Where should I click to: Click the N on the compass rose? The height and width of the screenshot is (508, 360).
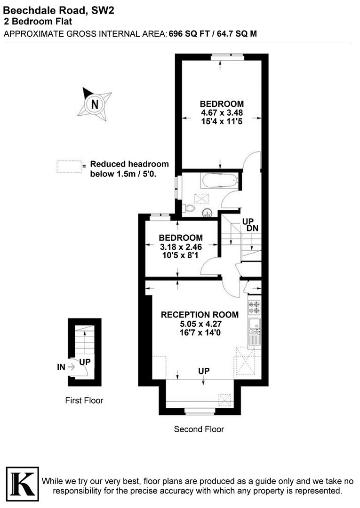[95, 104]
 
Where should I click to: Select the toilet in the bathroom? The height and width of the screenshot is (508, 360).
[189, 207]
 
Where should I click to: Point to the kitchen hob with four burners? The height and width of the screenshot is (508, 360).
[254, 307]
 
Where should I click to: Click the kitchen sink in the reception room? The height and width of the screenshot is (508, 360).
[254, 325]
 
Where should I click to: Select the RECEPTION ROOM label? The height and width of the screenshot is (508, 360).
[200, 314]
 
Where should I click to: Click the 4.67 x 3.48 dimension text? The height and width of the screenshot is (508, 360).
[222, 113]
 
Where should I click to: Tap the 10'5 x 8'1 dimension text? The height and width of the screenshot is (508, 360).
[180, 255]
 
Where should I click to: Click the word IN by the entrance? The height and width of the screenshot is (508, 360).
[61, 367]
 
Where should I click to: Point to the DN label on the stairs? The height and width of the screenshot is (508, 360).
[252, 229]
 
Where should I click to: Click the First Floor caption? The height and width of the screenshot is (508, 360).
[84, 401]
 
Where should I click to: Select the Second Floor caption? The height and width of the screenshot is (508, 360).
[199, 429]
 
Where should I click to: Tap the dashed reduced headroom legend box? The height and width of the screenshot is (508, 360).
[68, 167]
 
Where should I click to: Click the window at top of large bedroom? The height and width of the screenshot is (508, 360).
[227, 56]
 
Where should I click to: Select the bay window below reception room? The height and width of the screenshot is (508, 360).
[199, 413]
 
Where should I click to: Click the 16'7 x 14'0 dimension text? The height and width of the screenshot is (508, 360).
[200, 333]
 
